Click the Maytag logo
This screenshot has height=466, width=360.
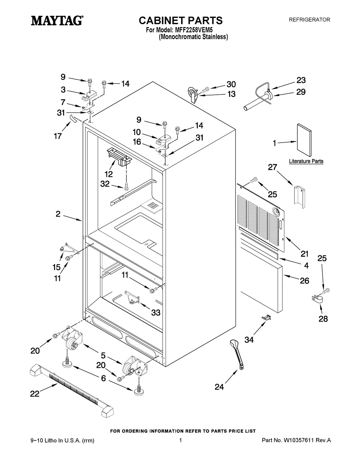pyautogui.click(x=57, y=21)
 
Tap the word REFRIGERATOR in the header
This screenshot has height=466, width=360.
pyautogui.click(x=310, y=20)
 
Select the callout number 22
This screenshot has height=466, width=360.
pyautogui.click(x=35, y=394)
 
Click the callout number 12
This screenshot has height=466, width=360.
pyautogui.click(x=109, y=174)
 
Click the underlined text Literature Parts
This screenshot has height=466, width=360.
pyautogui.click(x=306, y=161)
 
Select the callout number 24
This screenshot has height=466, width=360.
pyautogui.click(x=219, y=387)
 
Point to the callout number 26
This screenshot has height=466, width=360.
pyautogui.click(x=304, y=281)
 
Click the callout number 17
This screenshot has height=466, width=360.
pyautogui.click(x=58, y=136)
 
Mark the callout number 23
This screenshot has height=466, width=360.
pyautogui.click(x=301, y=80)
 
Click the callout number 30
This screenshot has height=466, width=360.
pyautogui.click(x=231, y=84)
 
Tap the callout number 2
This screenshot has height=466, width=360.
pyautogui.click(x=58, y=214)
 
